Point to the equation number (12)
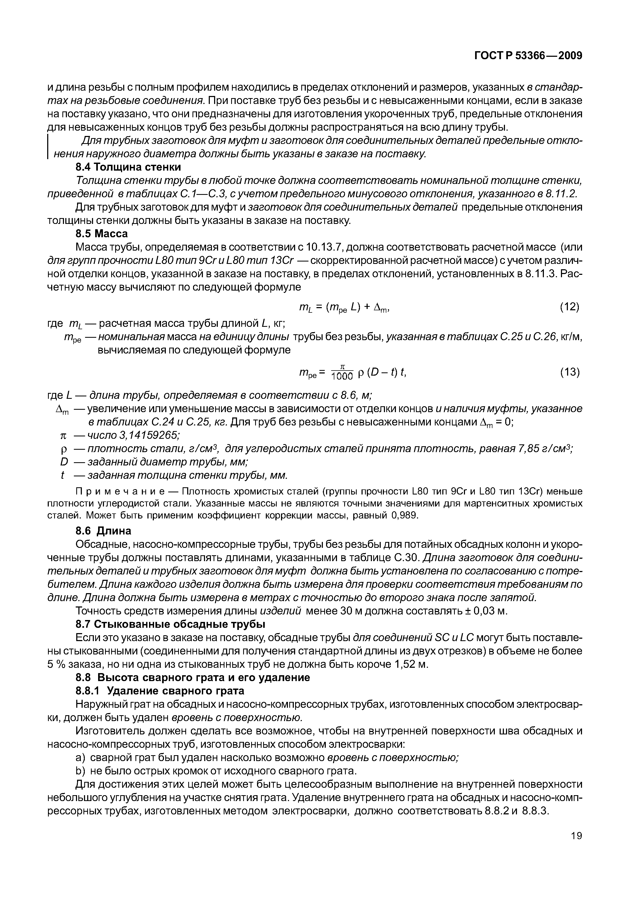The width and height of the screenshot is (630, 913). coord(569,307)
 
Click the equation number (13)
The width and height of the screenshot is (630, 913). coord(569,372)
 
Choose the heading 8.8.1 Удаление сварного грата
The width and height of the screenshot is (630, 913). coord(160,691)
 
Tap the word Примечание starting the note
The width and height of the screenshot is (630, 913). coord(121,491)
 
